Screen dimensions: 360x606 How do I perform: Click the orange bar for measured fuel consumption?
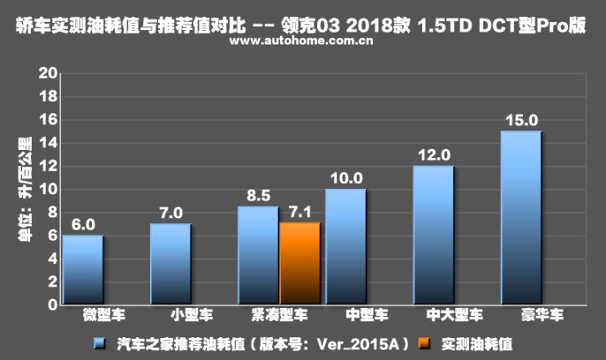(x=299, y=263)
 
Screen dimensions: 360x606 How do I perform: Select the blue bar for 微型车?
(x=83, y=270)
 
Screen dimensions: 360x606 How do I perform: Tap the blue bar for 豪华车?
(x=520, y=217)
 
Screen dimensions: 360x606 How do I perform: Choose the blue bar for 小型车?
(x=170, y=264)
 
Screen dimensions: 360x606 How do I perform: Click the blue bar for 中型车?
(x=345, y=247)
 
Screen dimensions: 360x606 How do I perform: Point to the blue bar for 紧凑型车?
(x=258, y=255)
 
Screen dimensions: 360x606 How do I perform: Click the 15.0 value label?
(x=520, y=120)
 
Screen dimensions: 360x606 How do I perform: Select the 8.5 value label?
(x=258, y=196)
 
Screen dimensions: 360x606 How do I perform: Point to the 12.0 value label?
(x=433, y=155)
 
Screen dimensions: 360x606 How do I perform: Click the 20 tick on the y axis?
(x=48, y=73)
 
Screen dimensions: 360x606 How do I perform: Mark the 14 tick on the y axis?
(x=48, y=143)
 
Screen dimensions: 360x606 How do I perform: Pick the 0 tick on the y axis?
(x=52, y=305)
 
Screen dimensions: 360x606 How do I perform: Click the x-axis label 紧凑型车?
(x=279, y=315)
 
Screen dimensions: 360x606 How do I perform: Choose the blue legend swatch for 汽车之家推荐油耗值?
(x=99, y=344)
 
